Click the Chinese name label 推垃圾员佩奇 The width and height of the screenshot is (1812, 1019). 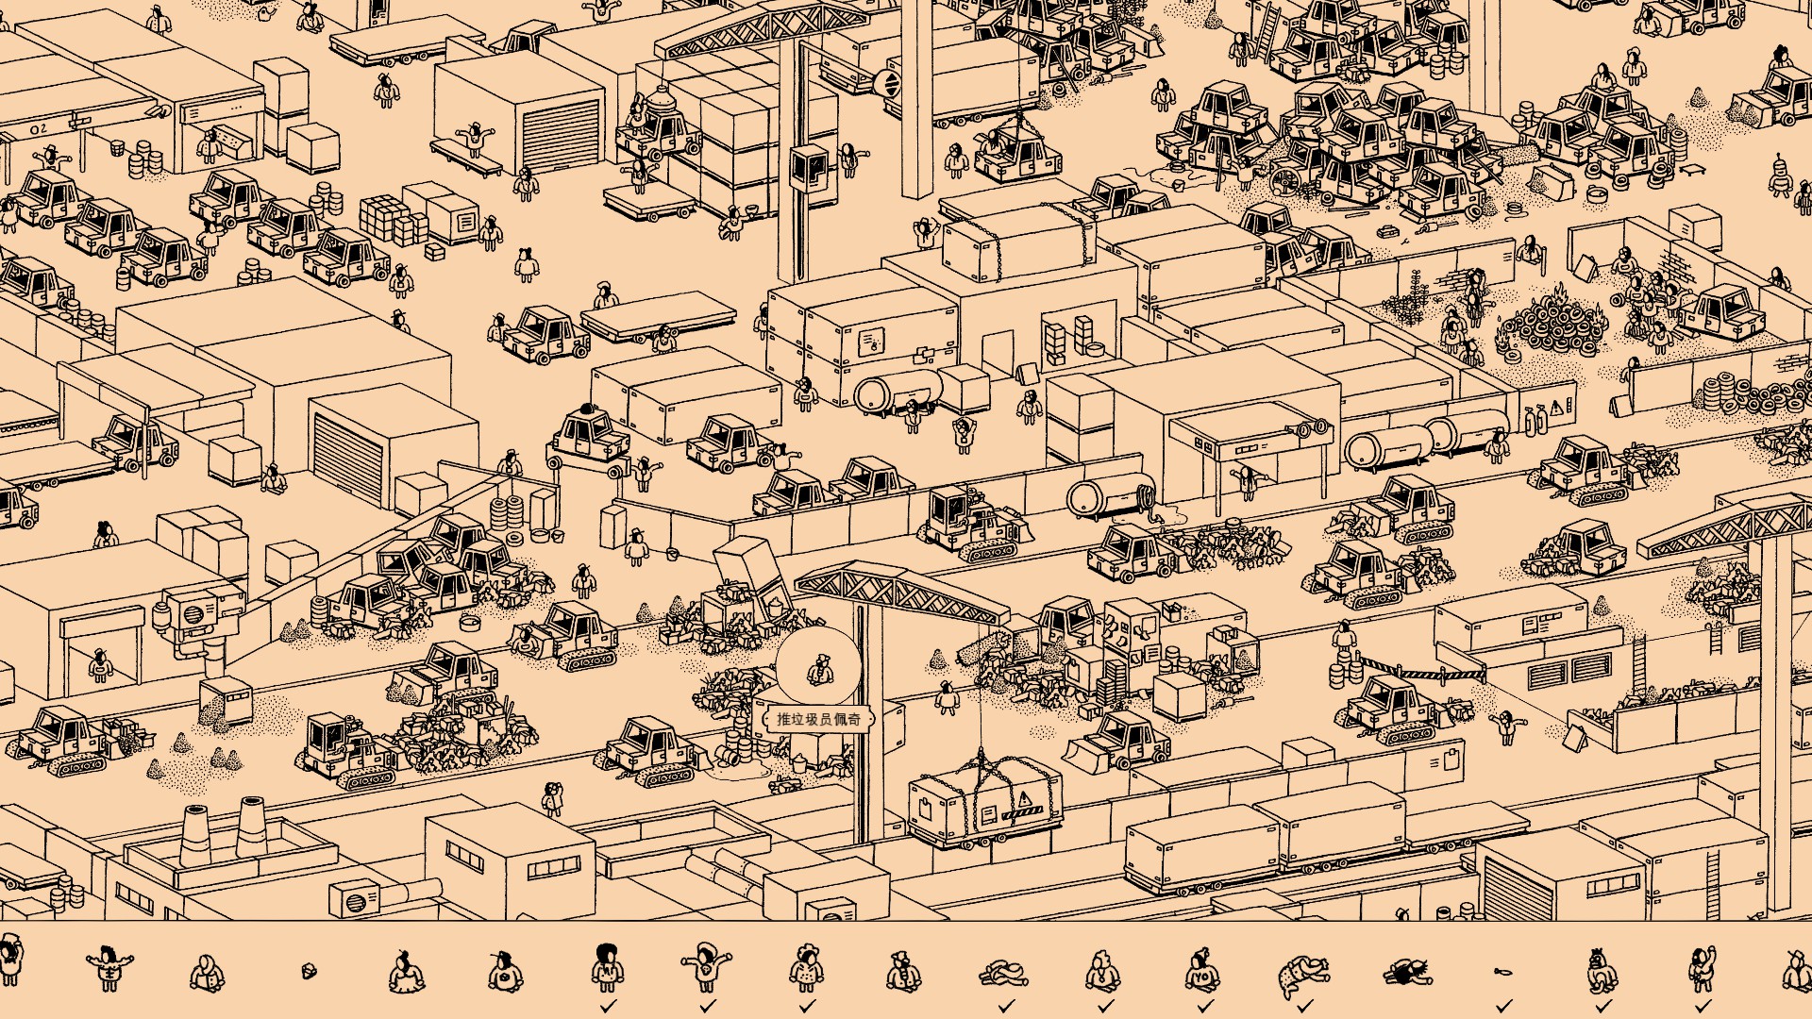pos(818,719)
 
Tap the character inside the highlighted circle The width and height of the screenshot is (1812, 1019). pos(819,670)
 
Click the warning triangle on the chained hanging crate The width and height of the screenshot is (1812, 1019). pos(1024,800)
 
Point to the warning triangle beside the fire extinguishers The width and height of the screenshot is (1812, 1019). pos(1556,407)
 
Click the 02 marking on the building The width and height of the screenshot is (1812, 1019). pos(38,128)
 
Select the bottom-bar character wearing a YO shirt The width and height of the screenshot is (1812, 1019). pos(1201,969)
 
